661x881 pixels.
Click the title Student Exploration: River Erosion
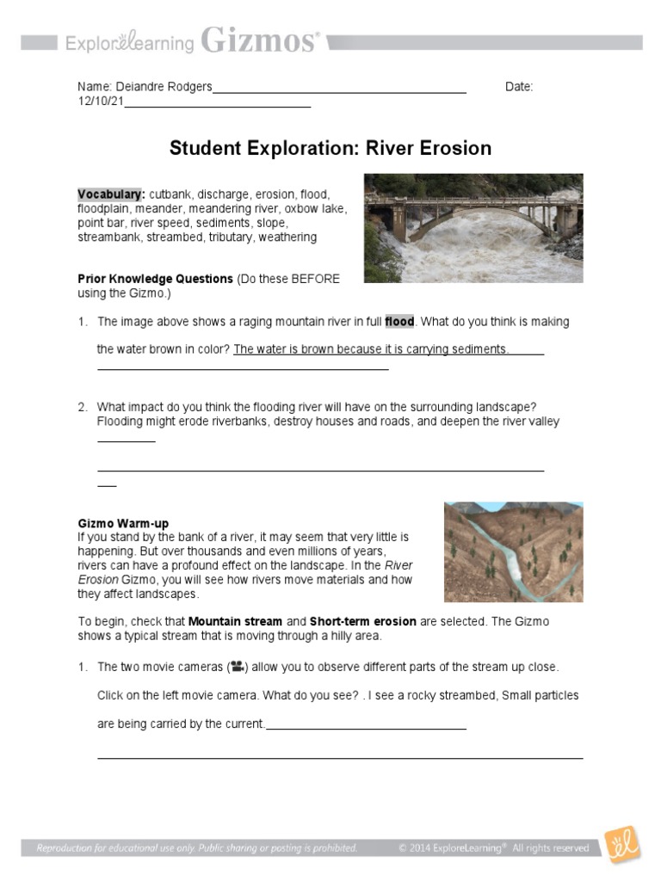tap(330, 148)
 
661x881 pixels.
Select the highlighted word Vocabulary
tap(110, 194)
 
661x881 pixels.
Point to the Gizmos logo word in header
tap(261, 40)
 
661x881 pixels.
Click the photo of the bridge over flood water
tap(473, 228)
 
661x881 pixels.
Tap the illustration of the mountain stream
tap(513, 551)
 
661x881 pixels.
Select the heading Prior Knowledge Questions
tap(155, 279)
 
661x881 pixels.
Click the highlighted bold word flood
tap(399, 322)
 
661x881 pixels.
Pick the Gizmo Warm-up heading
tap(123, 523)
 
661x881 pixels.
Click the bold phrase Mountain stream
tap(235, 621)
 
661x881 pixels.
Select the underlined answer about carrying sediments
tap(371, 349)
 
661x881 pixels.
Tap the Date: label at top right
tap(519, 87)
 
